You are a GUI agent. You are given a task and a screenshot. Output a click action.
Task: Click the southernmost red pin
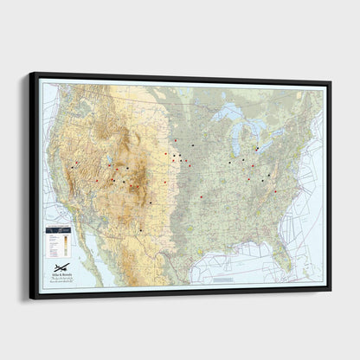201,196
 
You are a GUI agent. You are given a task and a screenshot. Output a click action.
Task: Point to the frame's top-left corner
33,74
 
